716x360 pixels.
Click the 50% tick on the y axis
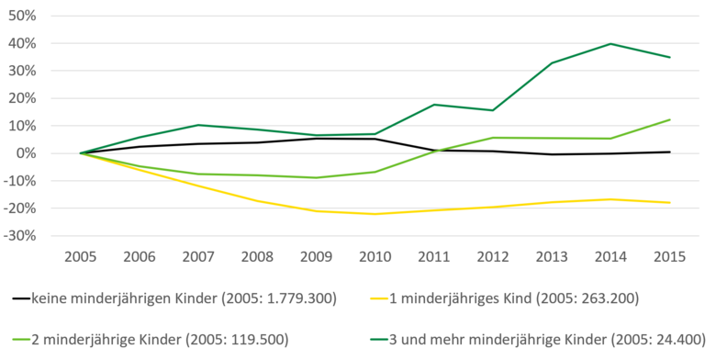(x=21, y=17)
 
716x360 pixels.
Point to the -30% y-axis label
(x=19, y=236)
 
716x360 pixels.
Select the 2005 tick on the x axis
(x=81, y=256)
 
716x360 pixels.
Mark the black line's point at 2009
(x=318, y=139)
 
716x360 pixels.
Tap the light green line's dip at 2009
(x=318, y=178)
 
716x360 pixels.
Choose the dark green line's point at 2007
(x=199, y=125)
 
